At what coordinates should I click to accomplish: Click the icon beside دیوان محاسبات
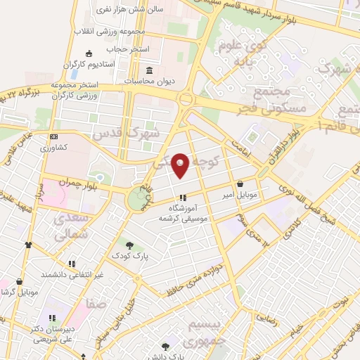pyautogui.click(x=149, y=70)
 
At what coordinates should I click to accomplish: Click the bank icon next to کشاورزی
pyautogui.click(x=53, y=137)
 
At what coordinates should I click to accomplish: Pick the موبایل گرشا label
pyautogui.click(x=19, y=291)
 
